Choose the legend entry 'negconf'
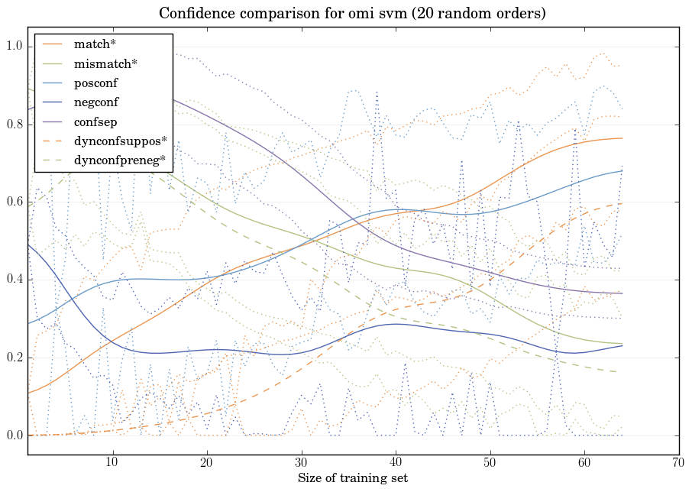[96, 102]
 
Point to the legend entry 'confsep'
[95, 121]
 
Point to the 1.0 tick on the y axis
[15, 47]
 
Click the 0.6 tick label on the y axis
[15, 202]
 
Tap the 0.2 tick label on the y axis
[15, 358]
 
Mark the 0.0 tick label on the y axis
[15, 436]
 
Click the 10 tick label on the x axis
[112, 463]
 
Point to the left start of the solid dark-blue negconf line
[27, 244]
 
